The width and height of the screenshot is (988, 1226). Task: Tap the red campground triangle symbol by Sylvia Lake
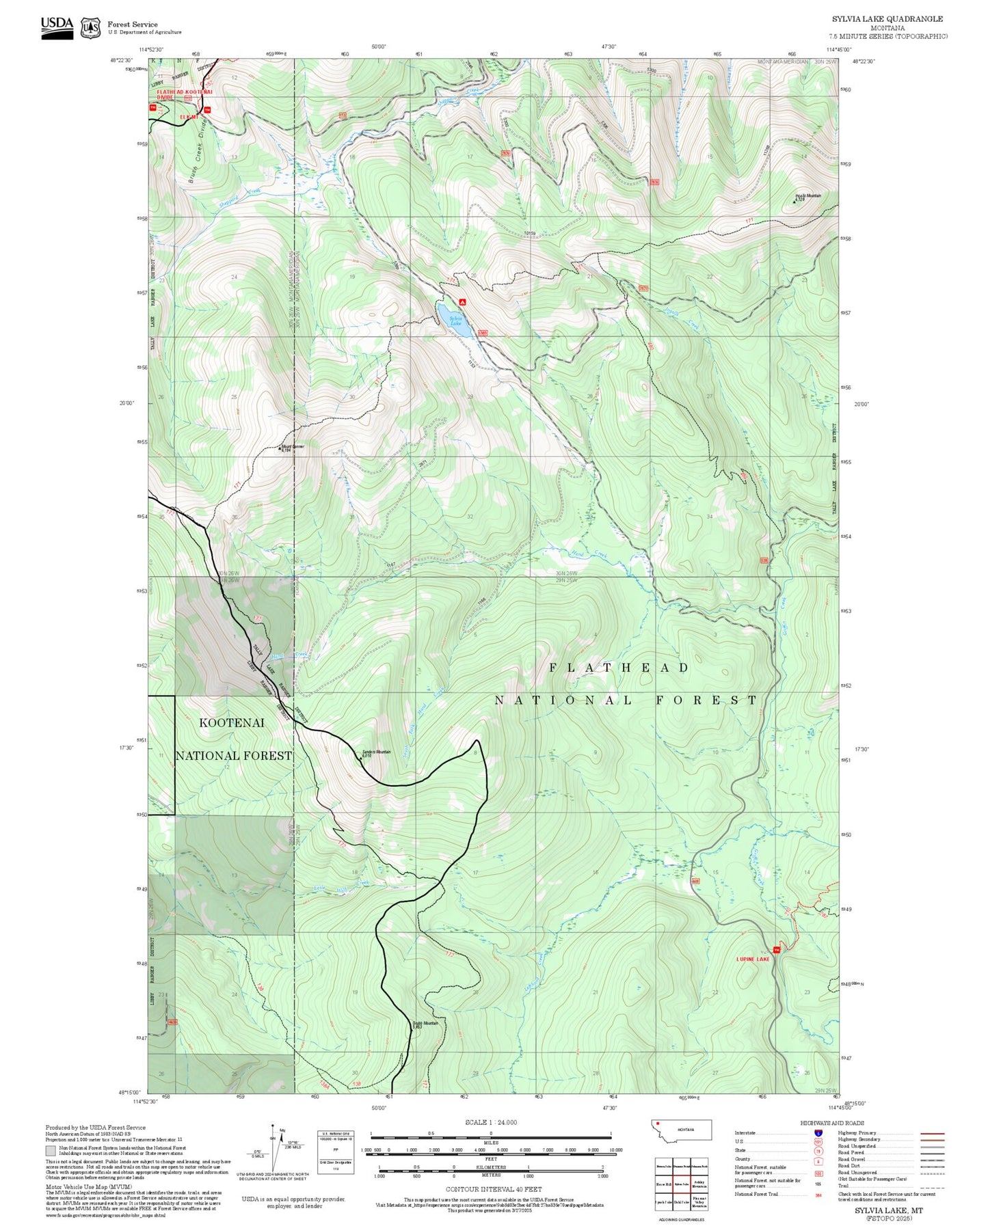pyautogui.click(x=463, y=301)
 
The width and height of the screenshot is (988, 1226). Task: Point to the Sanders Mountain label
pyautogui.click(x=375, y=752)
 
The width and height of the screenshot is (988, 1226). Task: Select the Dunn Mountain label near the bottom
pyautogui.click(x=425, y=1023)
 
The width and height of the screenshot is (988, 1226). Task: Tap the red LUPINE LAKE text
pyautogui.click(x=752, y=959)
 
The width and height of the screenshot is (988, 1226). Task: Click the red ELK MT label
pyautogui.click(x=189, y=117)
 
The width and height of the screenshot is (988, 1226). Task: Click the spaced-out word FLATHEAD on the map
pyautogui.click(x=619, y=668)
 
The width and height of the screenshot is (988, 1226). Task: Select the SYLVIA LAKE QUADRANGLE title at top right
pyautogui.click(x=887, y=19)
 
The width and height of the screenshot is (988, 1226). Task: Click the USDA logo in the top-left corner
pyautogui.click(x=57, y=27)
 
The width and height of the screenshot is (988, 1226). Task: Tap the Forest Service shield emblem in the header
pyautogui.click(x=90, y=28)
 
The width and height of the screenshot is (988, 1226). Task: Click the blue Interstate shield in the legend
pyautogui.click(x=818, y=1133)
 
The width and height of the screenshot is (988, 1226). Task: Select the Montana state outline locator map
pyautogui.click(x=682, y=1130)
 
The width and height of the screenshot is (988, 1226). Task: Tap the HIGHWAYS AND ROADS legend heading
pyautogui.click(x=832, y=1123)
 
